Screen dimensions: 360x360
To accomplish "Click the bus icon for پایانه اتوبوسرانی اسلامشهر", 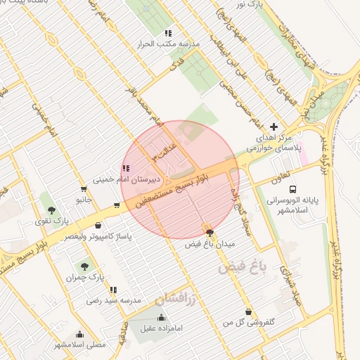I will coord(292,189).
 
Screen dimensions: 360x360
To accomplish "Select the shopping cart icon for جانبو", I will coord(84,189).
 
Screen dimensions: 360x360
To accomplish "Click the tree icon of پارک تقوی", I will coord(50,210).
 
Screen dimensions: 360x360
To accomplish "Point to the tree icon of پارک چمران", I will coord(84,266).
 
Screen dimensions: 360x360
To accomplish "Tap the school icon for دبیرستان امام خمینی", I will coord(125,168).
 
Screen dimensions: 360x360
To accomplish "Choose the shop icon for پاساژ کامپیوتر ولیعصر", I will coord(98,226).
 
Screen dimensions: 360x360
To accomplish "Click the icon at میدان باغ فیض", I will coord(209,233).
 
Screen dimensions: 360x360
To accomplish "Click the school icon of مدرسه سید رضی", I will coord(113,290).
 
